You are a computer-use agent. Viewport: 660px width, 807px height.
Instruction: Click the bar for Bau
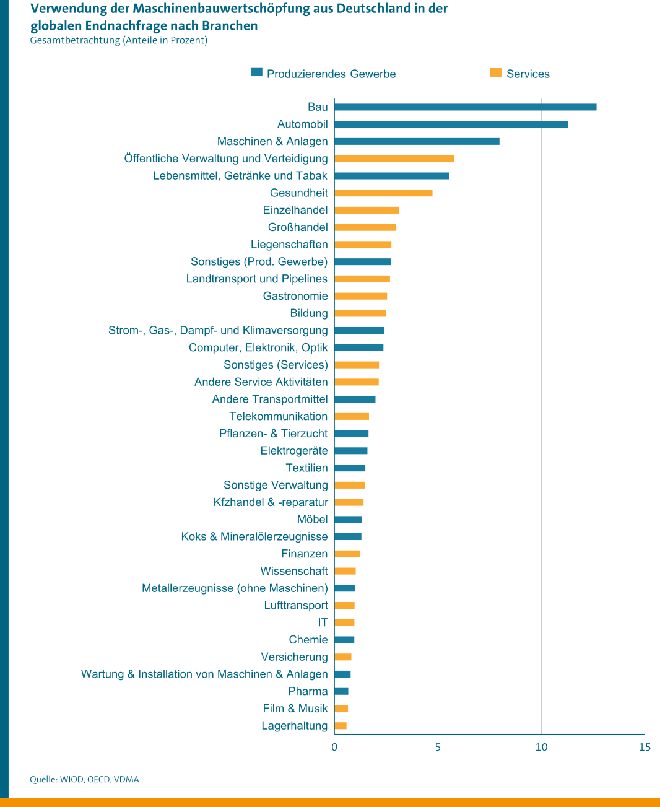tap(465, 107)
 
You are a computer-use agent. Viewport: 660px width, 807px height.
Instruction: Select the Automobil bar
tap(451, 124)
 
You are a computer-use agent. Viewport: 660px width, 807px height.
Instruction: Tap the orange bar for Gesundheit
tap(383, 193)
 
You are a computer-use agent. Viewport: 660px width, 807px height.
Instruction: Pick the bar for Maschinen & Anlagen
tap(417, 142)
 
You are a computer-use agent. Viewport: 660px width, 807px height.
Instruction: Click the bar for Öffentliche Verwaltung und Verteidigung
tap(394, 159)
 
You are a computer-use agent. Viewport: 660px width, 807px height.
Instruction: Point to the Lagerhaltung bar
tap(341, 726)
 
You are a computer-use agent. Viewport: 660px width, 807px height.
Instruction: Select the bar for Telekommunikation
tap(352, 417)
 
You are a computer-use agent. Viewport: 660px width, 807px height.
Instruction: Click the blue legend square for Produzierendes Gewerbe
tap(256, 72)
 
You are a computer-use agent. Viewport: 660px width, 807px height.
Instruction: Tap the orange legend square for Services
tap(495, 72)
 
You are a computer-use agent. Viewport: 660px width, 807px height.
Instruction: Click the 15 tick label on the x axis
tap(645, 747)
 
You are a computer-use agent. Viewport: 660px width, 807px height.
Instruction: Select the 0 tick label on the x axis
tap(334, 747)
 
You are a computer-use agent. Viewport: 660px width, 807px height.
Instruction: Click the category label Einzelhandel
tap(295, 210)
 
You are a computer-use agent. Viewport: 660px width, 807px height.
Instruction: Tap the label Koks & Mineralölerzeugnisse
tap(254, 536)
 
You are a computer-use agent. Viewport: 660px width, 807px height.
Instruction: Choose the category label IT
tap(323, 622)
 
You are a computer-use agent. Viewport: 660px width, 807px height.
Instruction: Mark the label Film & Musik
tap(295, 709)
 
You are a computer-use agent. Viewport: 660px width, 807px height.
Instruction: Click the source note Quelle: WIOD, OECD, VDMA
tap(84, 779)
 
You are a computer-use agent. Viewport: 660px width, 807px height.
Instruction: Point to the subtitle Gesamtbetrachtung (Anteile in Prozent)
tap(118, 40)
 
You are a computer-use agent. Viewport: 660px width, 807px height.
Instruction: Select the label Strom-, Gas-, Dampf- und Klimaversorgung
tap(218, 330)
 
